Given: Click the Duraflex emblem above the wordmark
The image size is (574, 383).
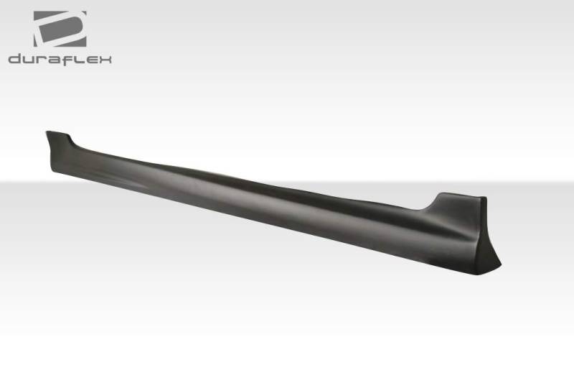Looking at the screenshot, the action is [60, 29].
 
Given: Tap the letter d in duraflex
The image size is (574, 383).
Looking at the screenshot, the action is [14, 59].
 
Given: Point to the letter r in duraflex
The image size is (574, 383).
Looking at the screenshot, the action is [41, 60].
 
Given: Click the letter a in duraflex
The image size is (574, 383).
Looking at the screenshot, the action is [53, 60].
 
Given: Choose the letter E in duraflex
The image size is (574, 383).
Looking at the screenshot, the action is [90, 60].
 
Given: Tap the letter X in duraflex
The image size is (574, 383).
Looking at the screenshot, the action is [104, 60].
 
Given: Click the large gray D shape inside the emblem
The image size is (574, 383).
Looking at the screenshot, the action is [60, 28].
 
